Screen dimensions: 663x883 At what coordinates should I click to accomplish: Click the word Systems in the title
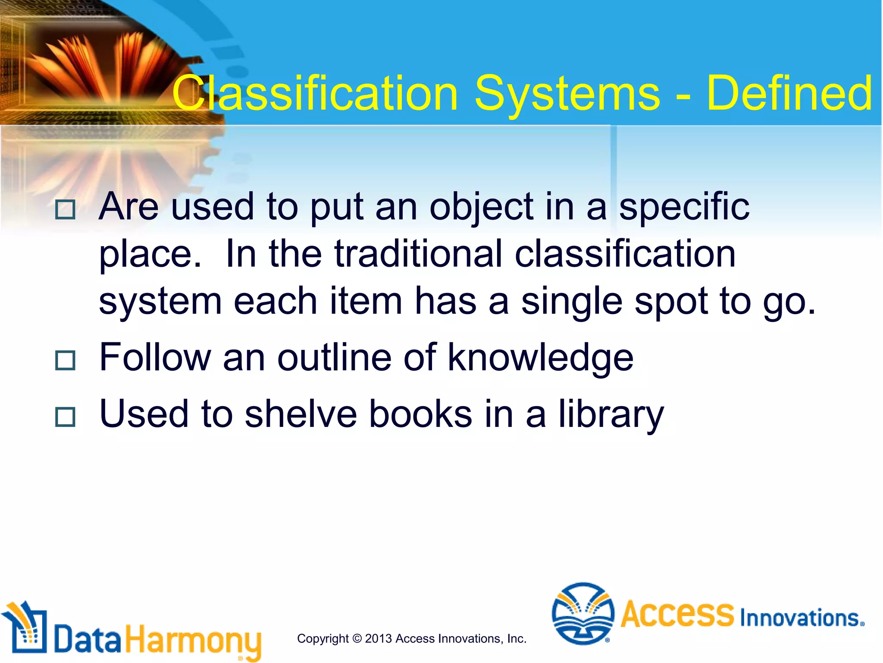(567, 94)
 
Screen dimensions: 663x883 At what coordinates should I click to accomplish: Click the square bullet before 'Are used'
(66, 210)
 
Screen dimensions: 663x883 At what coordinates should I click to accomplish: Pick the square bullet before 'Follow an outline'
(66, 360)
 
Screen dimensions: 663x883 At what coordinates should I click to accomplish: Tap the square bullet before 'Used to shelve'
(66, 417)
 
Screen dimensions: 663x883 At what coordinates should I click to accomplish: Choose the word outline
(334, 357)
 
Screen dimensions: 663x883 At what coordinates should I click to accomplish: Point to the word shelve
(301, 414)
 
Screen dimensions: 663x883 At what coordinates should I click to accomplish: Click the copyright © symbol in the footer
(357, 638)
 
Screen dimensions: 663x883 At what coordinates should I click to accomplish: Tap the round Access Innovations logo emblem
(583, 613)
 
